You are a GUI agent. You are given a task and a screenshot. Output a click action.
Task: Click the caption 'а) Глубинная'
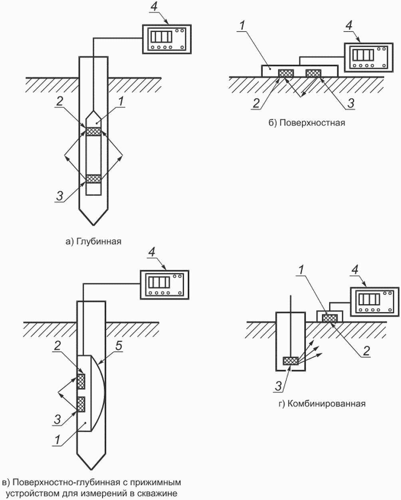(93, 242)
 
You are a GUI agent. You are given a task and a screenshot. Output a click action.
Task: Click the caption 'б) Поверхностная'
(307, 123)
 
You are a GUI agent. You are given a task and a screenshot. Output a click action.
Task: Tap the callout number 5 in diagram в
(119, 346)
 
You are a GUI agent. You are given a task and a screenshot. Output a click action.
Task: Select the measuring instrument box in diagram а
(167, 39)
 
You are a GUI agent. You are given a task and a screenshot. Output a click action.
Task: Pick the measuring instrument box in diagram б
(369, 58)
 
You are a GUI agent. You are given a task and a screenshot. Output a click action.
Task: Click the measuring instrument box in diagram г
(375, 302)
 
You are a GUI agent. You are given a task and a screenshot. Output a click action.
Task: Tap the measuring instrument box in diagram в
(165, 285)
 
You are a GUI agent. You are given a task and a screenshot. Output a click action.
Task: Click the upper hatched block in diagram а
(93, 131)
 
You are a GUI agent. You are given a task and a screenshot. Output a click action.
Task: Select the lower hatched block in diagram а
(93, 179)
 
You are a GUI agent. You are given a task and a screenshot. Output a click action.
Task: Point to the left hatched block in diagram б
(286, 73)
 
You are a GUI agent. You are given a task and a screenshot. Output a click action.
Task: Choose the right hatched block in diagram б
(314, 73)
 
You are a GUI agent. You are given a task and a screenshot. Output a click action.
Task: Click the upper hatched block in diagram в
(81, 381)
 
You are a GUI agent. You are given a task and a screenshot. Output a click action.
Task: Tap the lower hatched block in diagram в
(81, 405)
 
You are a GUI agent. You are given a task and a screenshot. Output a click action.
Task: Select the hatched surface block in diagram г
(330, 318)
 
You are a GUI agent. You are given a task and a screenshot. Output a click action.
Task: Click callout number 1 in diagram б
(242, 26)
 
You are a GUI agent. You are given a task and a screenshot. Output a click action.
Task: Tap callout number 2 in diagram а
(60, 101)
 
